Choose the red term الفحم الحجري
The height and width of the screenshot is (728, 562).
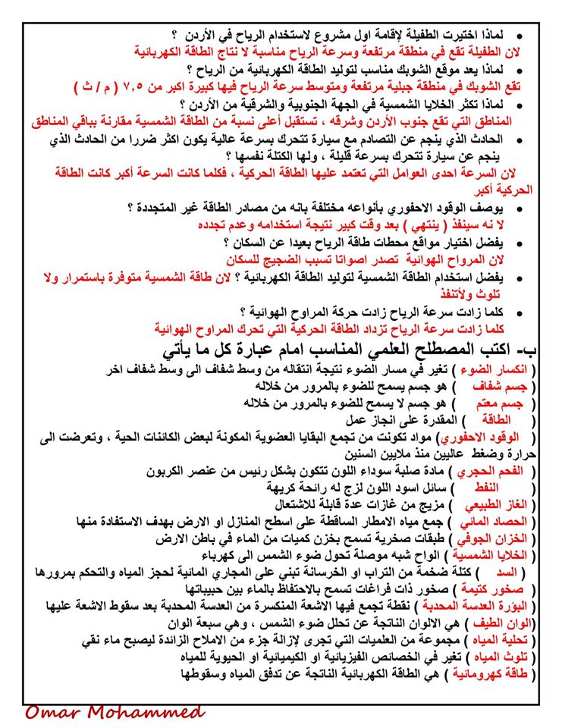coord(502,472)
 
